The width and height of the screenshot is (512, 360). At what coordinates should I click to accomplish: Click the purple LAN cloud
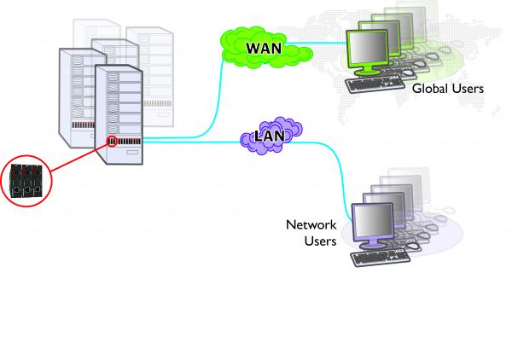click(269, 137)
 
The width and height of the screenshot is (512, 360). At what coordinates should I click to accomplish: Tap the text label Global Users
click(447, 89)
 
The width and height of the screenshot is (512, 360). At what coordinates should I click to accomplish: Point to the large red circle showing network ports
click(26, 179)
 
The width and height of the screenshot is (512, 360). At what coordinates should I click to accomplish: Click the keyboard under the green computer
click(375, 84)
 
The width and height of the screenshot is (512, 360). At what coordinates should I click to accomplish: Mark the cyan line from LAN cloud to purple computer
click(333, 158)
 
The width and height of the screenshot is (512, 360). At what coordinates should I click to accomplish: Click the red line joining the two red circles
click(77, 159)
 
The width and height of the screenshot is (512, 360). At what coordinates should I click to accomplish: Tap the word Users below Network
click(320, 241)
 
